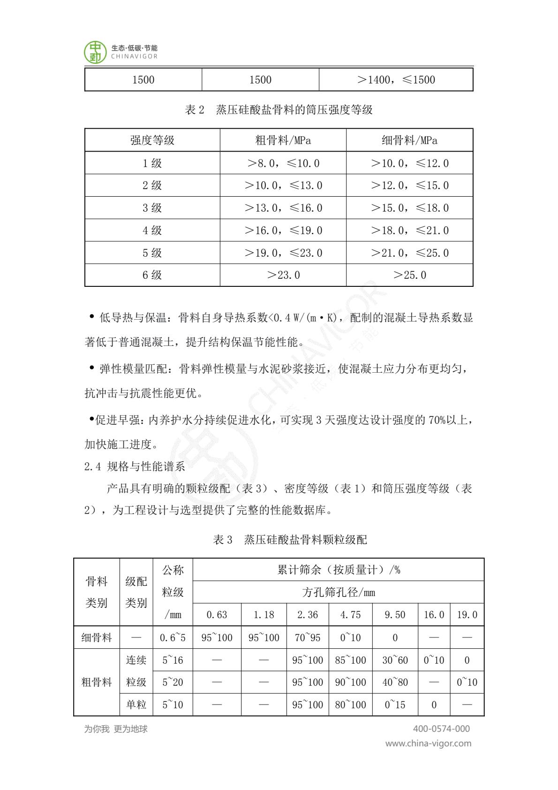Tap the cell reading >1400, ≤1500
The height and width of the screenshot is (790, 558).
396,80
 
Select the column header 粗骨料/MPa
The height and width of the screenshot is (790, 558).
283,140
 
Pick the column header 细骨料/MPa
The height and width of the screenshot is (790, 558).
409,140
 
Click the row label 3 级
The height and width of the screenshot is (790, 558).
152,208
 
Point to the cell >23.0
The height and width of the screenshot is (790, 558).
283,275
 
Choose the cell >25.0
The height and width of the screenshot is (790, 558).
409,275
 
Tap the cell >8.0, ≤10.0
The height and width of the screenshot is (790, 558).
283,163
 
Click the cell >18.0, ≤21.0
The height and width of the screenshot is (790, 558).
409,230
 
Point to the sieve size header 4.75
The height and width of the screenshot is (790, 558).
350,615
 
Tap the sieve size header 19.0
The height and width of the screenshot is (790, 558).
467,615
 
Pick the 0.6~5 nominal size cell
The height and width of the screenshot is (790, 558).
173,637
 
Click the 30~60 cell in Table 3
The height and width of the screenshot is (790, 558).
395,660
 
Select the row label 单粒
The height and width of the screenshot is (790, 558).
136,705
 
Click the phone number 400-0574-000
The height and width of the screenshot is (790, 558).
441,729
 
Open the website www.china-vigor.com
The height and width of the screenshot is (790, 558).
428,744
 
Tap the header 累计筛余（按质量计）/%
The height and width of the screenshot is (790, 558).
338,570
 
